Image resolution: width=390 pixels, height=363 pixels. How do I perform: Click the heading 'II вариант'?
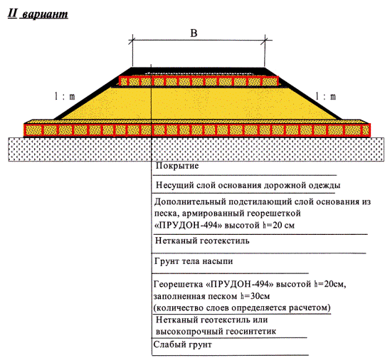coord(38,14)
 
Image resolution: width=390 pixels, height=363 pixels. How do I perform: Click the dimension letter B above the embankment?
coord(194,33)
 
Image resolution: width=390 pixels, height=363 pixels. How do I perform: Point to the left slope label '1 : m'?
coord(65,96)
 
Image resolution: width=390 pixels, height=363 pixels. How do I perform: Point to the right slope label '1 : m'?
coord(325,96)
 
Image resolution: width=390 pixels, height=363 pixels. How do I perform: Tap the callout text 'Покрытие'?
coord(177,166)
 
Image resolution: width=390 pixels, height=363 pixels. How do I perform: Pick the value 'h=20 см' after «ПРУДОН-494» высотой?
coord(278,225)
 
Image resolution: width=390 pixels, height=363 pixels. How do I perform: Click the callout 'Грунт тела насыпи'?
coord(194,261)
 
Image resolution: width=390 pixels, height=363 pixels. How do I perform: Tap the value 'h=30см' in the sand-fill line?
coord(255,296)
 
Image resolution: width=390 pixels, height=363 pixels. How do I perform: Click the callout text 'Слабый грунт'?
coord(183,344)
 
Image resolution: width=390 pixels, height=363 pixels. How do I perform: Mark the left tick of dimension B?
coord(132,41)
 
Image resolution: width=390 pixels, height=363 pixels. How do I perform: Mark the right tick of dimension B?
coord(265,41)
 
